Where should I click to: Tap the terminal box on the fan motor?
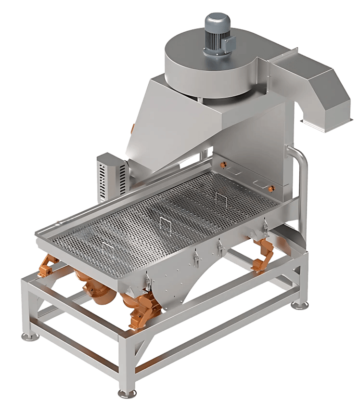[x=230, y=42]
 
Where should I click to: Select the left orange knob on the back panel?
[x=222, y=166]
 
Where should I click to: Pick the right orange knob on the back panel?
[x=271, y=186]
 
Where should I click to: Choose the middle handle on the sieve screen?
[x=164, y=223]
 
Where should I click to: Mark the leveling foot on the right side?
[x=302, y=304]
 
